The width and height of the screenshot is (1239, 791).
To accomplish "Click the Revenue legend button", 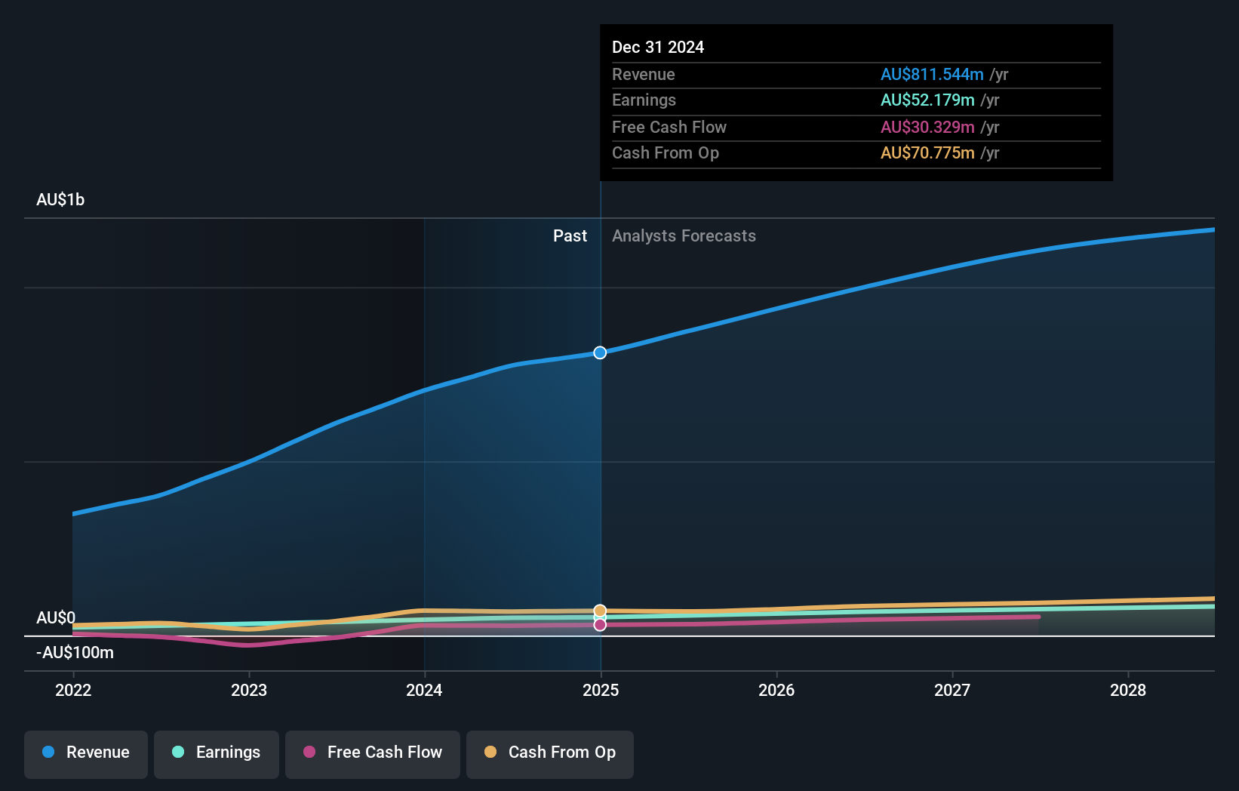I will (x=86, y=753).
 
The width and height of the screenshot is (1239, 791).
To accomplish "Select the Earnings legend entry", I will (x=217, y=753).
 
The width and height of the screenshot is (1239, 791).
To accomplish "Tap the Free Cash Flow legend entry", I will (x=373, y=753).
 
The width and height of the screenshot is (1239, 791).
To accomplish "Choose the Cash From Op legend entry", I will (x=550, y=753).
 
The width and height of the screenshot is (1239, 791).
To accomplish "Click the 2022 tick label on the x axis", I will (x=73, y=690).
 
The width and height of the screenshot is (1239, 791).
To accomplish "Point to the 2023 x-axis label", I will (x=249, y=690).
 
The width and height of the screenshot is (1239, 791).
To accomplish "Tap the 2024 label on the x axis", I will (x=424, y=690).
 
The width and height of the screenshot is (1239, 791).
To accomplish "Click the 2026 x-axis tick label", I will (x=776, y=690).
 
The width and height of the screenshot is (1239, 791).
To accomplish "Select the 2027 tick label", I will (x=952, y=690).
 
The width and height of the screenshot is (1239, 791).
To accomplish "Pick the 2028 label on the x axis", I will (x=1128, y=690).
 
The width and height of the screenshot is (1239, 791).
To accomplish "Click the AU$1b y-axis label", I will (x=60, y=200).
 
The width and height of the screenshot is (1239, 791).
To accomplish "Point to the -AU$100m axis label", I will (x=75, y=653).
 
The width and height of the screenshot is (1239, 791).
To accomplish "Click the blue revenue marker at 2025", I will (x=600, y=352).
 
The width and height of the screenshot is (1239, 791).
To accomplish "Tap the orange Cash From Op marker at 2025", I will (x=600, y=611).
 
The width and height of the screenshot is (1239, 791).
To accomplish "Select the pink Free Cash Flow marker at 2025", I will (x=600, y=625).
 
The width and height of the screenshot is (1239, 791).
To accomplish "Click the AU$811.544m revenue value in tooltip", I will (x=932, y=75).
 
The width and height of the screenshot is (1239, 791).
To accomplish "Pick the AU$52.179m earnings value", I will (x=927, y=100).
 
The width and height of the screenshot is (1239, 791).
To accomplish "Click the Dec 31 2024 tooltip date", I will (x=658, y=48).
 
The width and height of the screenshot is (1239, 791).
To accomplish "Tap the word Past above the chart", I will (x=570, y=236).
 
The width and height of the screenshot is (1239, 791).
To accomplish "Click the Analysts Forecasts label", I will (x=684, y=236).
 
